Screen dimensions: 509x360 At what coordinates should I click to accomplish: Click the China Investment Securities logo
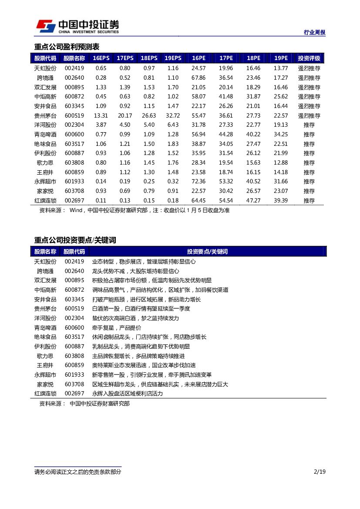(x=77, y=27)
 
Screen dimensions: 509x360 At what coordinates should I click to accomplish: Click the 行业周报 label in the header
(x=314, y=33)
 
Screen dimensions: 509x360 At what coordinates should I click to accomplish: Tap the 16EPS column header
(x=101, y=58)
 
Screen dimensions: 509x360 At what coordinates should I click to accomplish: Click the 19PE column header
(x=281, y=58)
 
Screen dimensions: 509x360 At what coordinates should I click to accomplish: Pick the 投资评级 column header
(x=309, y=58)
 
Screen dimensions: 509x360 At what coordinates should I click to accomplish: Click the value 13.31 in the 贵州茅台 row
(x=101, y=115)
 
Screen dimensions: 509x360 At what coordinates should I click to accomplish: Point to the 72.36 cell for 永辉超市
(x=199, y=182)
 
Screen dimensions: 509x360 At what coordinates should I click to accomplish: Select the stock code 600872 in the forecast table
(x=74, y=97)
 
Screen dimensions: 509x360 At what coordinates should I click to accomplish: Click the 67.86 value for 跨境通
(x=199, y=78)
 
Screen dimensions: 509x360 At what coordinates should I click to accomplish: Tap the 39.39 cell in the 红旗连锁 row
(x=281, y=200)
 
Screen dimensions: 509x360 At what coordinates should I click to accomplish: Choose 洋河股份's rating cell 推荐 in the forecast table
(x=309, y=125)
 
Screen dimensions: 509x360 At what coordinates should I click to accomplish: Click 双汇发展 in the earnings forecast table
(x=45, y=87)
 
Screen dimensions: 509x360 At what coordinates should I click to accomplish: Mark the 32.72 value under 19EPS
(x=173, y=115)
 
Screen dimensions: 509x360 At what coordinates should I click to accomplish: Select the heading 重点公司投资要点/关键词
(x=75, y=240)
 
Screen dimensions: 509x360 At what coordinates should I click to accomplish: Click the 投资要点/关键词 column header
(x=207, y=252)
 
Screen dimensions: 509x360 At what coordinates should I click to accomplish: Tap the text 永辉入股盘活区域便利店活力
(x=127, y=394)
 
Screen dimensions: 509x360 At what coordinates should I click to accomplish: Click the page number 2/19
(x=320, y=472)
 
